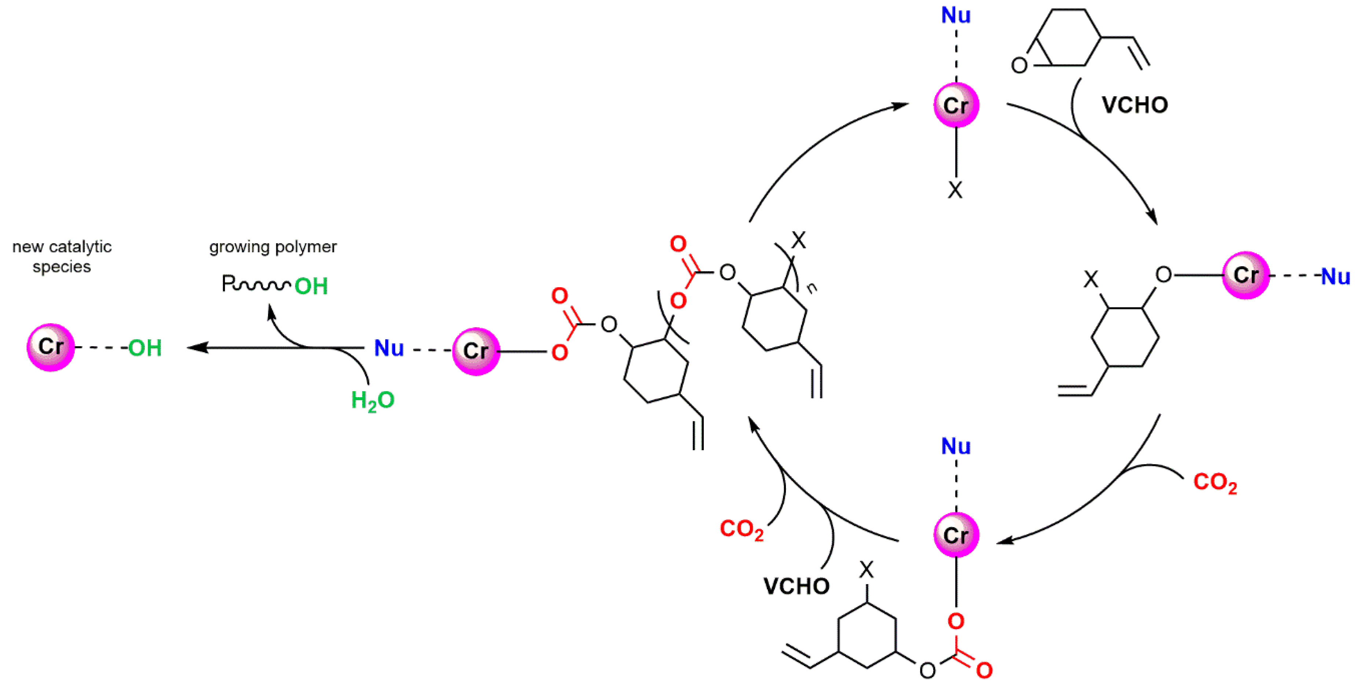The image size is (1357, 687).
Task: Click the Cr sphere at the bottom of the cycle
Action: (x=956, y=535)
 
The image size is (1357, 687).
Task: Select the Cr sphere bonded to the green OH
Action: (x=51, y=347)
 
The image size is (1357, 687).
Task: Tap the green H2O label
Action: (x=372, y=400)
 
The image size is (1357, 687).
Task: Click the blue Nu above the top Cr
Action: (x=956, y=15)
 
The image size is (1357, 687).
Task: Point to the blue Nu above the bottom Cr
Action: (x=956, y=446)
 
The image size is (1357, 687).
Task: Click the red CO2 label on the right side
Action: (x=1214, y=482)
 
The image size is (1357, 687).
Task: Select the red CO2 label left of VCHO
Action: (x=741, y=529)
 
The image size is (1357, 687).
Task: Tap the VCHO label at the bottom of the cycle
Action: (x=796, y=586)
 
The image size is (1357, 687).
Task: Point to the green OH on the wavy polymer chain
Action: (x=311, y=287)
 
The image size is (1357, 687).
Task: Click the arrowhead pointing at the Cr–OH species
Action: (x=193, y=347)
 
